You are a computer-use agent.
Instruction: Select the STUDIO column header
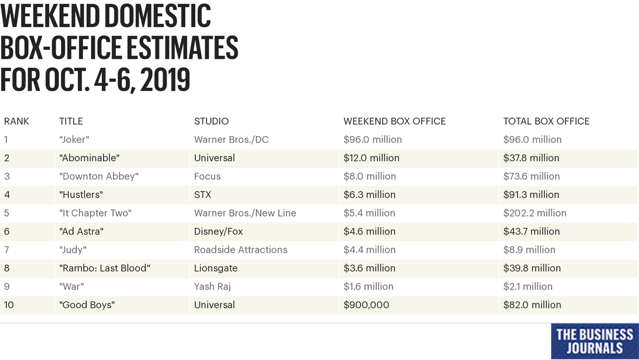tap(211, 121)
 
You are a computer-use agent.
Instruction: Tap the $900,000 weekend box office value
tap(366, 305)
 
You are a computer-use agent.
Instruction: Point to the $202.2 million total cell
tap(535, 213)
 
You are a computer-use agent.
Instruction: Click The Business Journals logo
tap(594, 341)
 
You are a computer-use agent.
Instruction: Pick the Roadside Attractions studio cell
tap(240, 250)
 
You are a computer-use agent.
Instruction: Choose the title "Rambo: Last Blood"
tap(105, 268)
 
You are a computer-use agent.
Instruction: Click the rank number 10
tap(9, 305)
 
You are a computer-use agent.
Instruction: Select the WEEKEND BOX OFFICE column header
tap(394, 121)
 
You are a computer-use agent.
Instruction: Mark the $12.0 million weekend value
tap(371, 158)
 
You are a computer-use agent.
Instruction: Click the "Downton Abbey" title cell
tap(99, 177)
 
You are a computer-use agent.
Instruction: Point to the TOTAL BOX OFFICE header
tap(546, 121)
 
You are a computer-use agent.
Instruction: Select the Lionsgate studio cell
tap(216, 268)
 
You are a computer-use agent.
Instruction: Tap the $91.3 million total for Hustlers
tap(531, 195)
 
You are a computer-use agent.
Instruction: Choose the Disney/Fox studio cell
tap(218, 231)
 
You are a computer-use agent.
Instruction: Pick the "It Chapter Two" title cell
tap(95, 213)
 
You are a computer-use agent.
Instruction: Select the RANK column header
tap(17, 121)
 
